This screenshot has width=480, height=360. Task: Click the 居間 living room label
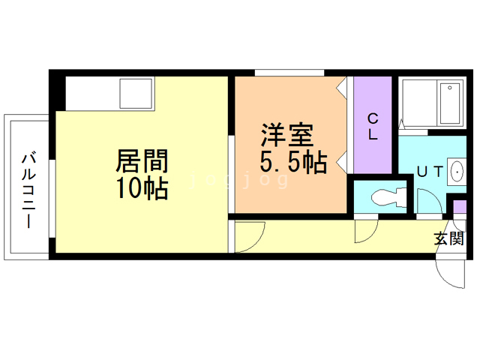tap(142, 160)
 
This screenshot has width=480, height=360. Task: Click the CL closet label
tap(373, 127)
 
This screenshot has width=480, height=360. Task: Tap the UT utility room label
tap(430, 172)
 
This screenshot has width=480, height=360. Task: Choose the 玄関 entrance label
tap(448, 239)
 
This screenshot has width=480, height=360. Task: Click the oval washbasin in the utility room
tap(457, 172)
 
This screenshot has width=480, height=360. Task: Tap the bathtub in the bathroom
tap(433, 103)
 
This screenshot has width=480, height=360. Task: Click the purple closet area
tap(373, 124)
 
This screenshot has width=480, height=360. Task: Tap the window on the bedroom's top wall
tap(289, 73)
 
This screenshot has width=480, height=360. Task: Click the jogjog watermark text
tap(240, 181)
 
